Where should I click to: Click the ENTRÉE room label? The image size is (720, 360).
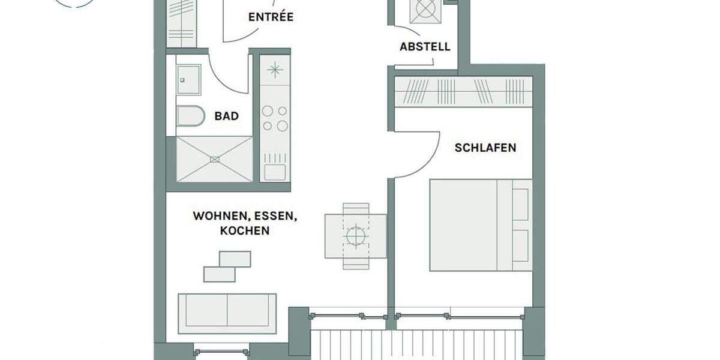(x=271, y=17)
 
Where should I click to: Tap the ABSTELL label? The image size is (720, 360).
(x=425, y=47)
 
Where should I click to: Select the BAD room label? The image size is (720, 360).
(x=226, y=116)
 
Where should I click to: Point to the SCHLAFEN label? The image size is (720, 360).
(x=485, y=148)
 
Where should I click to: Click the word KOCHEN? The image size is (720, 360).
(x=245, y=230)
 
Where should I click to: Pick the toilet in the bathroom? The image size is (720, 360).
(x=190, y=116)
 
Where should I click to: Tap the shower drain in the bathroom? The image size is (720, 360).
(x=214, y=159)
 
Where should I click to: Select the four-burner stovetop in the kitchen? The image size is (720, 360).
(x=275, y=118)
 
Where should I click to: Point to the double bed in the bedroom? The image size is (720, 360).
(x=481, y=224)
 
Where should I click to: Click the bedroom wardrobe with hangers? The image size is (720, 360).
(x=463, y=92)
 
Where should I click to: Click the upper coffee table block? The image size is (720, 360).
(x=235, y=259)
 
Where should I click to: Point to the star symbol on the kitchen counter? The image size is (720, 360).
(x=275, y=70)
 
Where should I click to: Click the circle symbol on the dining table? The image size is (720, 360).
(x=355, y=236)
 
